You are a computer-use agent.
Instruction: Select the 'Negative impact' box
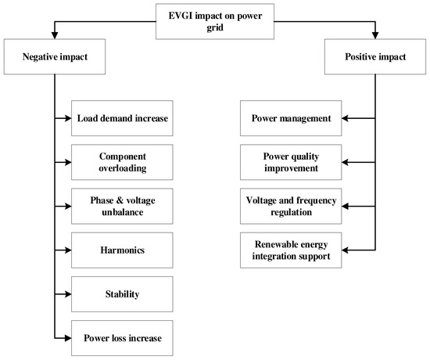53,57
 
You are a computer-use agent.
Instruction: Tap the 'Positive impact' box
375,57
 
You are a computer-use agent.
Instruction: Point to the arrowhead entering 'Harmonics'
67,250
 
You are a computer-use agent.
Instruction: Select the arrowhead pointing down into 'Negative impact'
53,36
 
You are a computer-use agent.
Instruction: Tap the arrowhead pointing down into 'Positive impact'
375,36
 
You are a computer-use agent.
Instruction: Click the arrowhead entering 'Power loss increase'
67,338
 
